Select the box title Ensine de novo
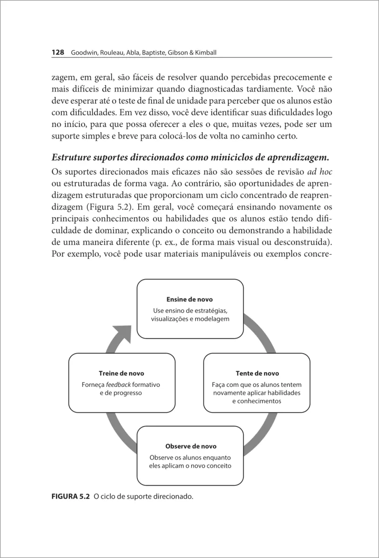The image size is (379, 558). click(189, 299)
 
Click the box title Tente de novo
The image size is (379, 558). click(257, 373)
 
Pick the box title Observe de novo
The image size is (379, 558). click(191, 446)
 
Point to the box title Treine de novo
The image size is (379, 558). click(121, 373)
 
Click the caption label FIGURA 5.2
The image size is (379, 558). click(69, 497)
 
